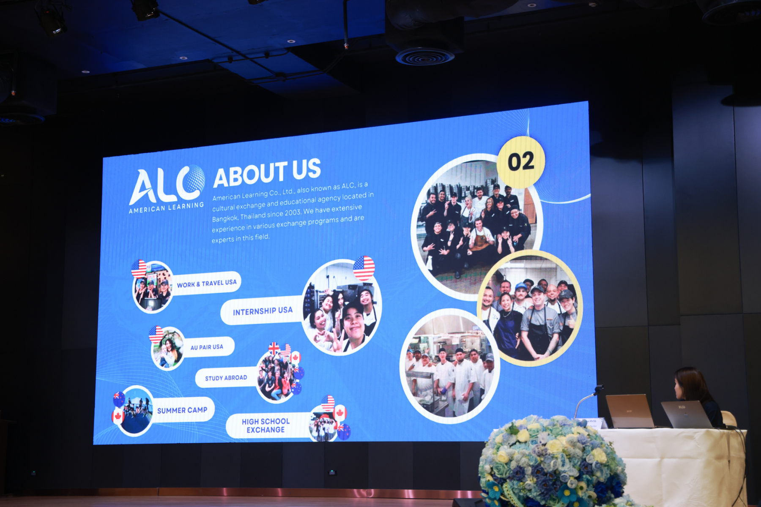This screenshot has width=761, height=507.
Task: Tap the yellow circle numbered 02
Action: click(x=521, y=162)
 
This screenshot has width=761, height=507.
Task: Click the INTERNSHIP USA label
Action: click(x=263, y=311)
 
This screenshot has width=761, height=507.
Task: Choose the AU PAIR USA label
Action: click(x=207, y=347)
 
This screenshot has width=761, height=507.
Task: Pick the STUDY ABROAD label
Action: click(x=226, y=378)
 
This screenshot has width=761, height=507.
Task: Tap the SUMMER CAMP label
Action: click(x=182, y=410)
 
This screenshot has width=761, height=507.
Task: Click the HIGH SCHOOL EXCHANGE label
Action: click(x=266, y=425)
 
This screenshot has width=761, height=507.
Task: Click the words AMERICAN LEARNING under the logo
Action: click(x=166, y=207)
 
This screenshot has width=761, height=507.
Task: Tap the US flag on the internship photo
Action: click(x=364, y=268)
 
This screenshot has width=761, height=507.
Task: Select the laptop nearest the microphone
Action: click(x=630, y=411)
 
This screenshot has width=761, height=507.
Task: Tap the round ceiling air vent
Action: click(x=425, y=57)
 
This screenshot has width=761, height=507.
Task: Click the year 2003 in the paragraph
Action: click(x=293, y=213)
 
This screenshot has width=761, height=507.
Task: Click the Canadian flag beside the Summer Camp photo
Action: click(x=117, y=416)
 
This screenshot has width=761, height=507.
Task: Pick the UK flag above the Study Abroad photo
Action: click(x=274, y=349)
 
